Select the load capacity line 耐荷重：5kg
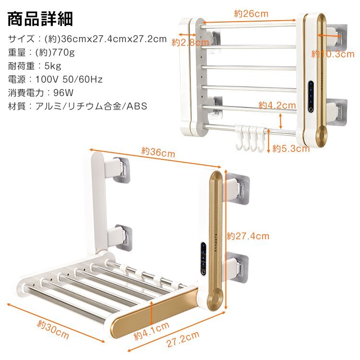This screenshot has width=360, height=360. [x=35, y=66]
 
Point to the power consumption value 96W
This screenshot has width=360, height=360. [x=57, y=93]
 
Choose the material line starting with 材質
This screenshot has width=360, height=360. [x=77, y=106]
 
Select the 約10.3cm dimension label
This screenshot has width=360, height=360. [x=333, y=54]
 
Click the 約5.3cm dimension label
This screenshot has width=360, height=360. [x=291, y=149]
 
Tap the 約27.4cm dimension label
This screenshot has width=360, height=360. [x=248, y=236]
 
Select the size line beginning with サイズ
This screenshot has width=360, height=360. [x=87, y=39]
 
